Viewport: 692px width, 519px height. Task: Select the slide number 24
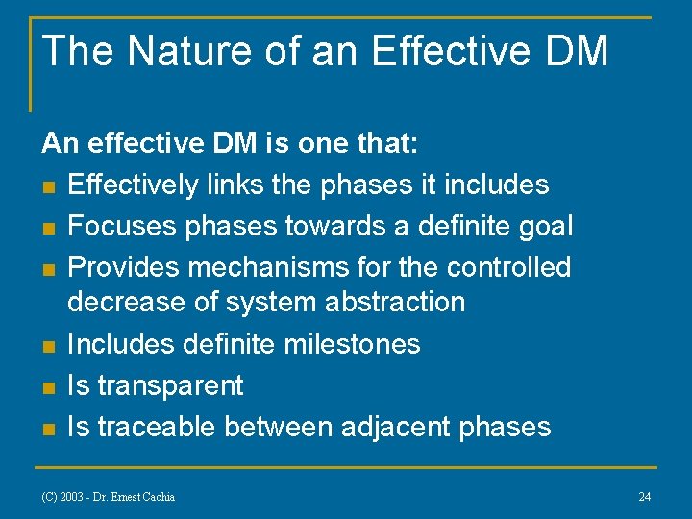pos(644,497)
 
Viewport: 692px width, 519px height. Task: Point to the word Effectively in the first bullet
pos(134,185)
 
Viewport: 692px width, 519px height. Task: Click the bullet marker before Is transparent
pos(48,387)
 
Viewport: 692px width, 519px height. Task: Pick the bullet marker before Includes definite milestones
pos(48,345)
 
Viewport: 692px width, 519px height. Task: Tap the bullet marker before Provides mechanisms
pos(48,268)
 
